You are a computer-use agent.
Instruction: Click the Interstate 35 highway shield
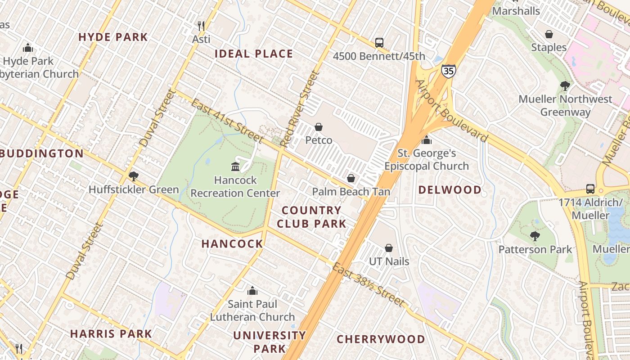[x=448, y=71]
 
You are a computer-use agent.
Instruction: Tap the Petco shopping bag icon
[x=319, y=127]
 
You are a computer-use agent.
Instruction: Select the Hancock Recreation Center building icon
[x=235, y=167]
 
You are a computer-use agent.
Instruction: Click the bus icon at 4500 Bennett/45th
[x=379, y=43]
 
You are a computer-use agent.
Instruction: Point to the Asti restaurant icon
[x=201, y=26]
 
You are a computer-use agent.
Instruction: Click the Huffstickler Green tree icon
[x=133, y=176]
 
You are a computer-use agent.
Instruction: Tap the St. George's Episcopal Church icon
[x=427, y=140]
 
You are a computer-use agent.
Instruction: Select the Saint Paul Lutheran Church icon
[x=252, y=291]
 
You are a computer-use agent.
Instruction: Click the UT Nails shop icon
[x=389, y=248]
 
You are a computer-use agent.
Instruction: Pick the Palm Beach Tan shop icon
[x=351, y=178]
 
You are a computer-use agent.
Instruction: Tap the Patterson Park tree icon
[x=535, y=236]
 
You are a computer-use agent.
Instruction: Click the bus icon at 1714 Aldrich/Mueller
[x=590, y=189]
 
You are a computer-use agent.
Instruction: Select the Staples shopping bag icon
[x=549, y=34]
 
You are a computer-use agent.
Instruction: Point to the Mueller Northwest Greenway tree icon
[x=565, y=85]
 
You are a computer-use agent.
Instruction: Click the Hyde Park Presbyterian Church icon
[x=28, y=48]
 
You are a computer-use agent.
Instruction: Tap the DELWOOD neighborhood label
[x=450, y=190]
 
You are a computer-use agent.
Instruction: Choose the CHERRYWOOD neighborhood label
[x=381, y=339]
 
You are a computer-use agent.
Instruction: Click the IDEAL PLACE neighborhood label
[x=254, y=54]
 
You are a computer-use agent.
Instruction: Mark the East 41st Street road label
[x=226, y=121]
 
